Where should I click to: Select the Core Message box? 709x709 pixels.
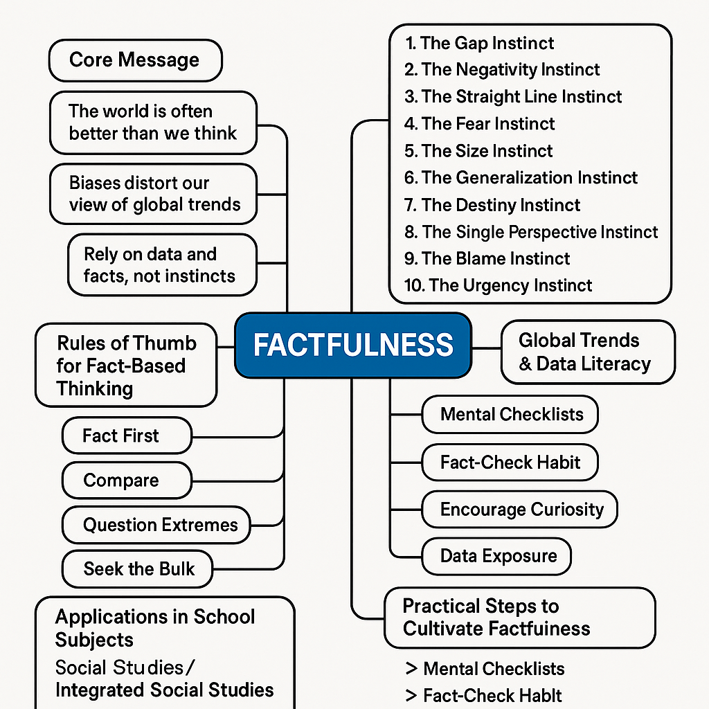135,60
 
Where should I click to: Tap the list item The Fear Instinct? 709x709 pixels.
479,124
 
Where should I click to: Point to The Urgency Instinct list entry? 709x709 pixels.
498,285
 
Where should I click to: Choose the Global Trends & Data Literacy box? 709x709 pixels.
586,352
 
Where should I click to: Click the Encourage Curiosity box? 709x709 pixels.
519,509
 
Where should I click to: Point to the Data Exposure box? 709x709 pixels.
496,555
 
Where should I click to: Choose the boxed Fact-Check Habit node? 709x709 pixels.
510,463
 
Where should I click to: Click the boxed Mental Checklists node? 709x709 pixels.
510,415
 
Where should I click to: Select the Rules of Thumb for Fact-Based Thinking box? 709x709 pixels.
127,366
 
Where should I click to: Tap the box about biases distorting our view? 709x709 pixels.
154,194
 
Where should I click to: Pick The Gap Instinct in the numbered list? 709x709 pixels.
479,43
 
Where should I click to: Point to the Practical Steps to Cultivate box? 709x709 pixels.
519,618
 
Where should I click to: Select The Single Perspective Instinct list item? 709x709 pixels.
531,232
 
